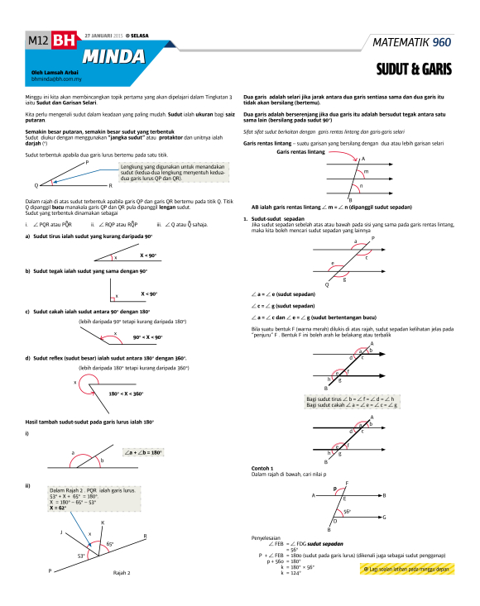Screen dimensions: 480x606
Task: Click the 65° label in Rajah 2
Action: [x=109, y=543]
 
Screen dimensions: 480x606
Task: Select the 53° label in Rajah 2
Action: [x=81, y=555]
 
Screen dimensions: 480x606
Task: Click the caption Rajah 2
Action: [x=122, y=572]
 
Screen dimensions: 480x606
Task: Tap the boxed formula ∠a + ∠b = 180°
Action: [x=142, y=452]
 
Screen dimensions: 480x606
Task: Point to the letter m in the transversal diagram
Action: [x=366, y=171]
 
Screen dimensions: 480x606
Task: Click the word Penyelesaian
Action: [x=266, y=537]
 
